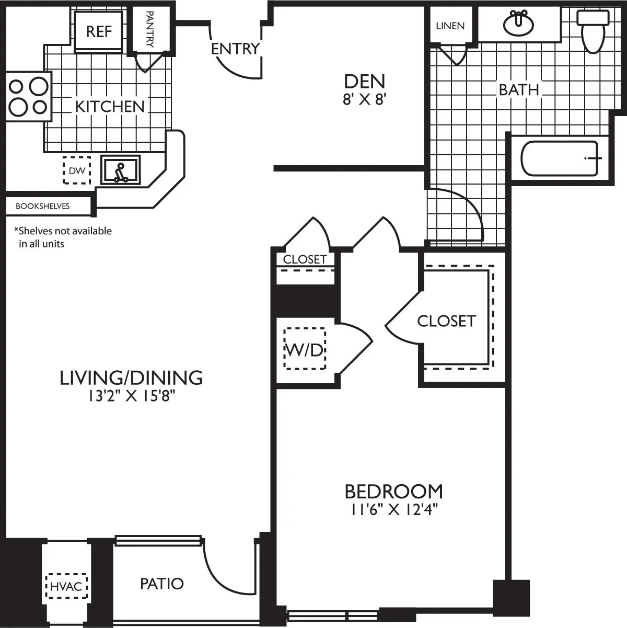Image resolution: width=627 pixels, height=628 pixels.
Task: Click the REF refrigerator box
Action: [99, 31]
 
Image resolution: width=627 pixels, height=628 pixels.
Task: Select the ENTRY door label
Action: [235, 49]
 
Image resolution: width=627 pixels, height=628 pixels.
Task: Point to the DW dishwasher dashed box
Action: [76, 170]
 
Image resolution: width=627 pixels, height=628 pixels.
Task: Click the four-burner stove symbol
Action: [29, 96]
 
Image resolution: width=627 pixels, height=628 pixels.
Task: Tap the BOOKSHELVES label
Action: [42, 206]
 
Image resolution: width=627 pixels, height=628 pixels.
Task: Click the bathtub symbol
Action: [560, 158]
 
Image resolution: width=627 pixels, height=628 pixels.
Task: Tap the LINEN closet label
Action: [450, 26]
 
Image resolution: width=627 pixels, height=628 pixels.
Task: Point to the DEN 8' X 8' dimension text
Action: [364, 99]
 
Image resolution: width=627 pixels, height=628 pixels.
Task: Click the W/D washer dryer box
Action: [304, 349]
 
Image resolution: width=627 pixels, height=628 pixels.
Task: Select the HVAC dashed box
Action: [66, 586]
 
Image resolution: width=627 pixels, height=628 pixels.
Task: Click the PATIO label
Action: [162, 584]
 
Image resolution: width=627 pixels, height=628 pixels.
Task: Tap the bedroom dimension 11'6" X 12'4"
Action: [394, 510]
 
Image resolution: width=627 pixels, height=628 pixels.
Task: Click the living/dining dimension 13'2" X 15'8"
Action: [131, 396]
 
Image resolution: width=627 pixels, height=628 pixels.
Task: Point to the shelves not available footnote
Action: [63, 237]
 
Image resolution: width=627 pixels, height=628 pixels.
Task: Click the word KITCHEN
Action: [110, 106]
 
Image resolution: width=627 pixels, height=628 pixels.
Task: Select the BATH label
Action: [518, 89]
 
